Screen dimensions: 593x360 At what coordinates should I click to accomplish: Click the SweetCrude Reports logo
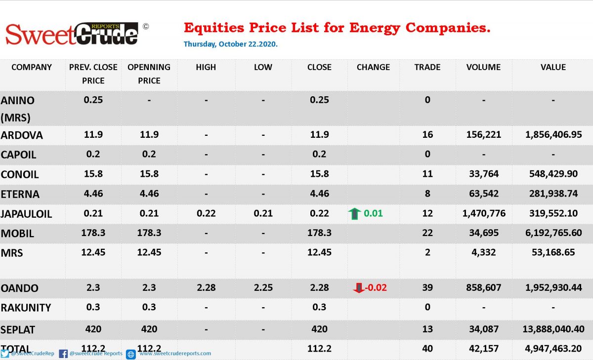72,34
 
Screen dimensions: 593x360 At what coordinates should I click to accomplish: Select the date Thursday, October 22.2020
231,44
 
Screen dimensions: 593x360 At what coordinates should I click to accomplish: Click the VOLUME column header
483,67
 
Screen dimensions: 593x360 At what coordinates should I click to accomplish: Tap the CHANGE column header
373,67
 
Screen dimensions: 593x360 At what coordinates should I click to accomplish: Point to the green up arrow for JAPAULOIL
354,214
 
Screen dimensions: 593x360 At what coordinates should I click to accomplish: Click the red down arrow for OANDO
359,288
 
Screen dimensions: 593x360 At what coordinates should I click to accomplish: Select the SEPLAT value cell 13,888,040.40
553,329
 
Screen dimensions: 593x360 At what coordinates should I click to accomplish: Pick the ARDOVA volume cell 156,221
484,135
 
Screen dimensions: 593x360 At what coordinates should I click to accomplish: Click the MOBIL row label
17,234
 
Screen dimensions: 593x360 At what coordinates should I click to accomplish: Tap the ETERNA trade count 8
427,194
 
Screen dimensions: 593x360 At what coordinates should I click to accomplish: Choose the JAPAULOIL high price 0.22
206,213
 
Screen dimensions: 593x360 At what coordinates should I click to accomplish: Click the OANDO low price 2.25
263,287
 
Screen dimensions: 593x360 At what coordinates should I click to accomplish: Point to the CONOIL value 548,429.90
553,174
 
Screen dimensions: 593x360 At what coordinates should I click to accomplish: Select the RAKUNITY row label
26,308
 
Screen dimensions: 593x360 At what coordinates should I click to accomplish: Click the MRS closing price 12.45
319,252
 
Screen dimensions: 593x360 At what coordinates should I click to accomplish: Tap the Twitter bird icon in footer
5,354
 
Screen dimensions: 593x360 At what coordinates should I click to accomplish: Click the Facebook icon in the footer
63,354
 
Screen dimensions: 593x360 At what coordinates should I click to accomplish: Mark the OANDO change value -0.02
376,287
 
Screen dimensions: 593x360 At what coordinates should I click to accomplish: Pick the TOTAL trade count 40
427,349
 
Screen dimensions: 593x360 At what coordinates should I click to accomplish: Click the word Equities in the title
214,28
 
